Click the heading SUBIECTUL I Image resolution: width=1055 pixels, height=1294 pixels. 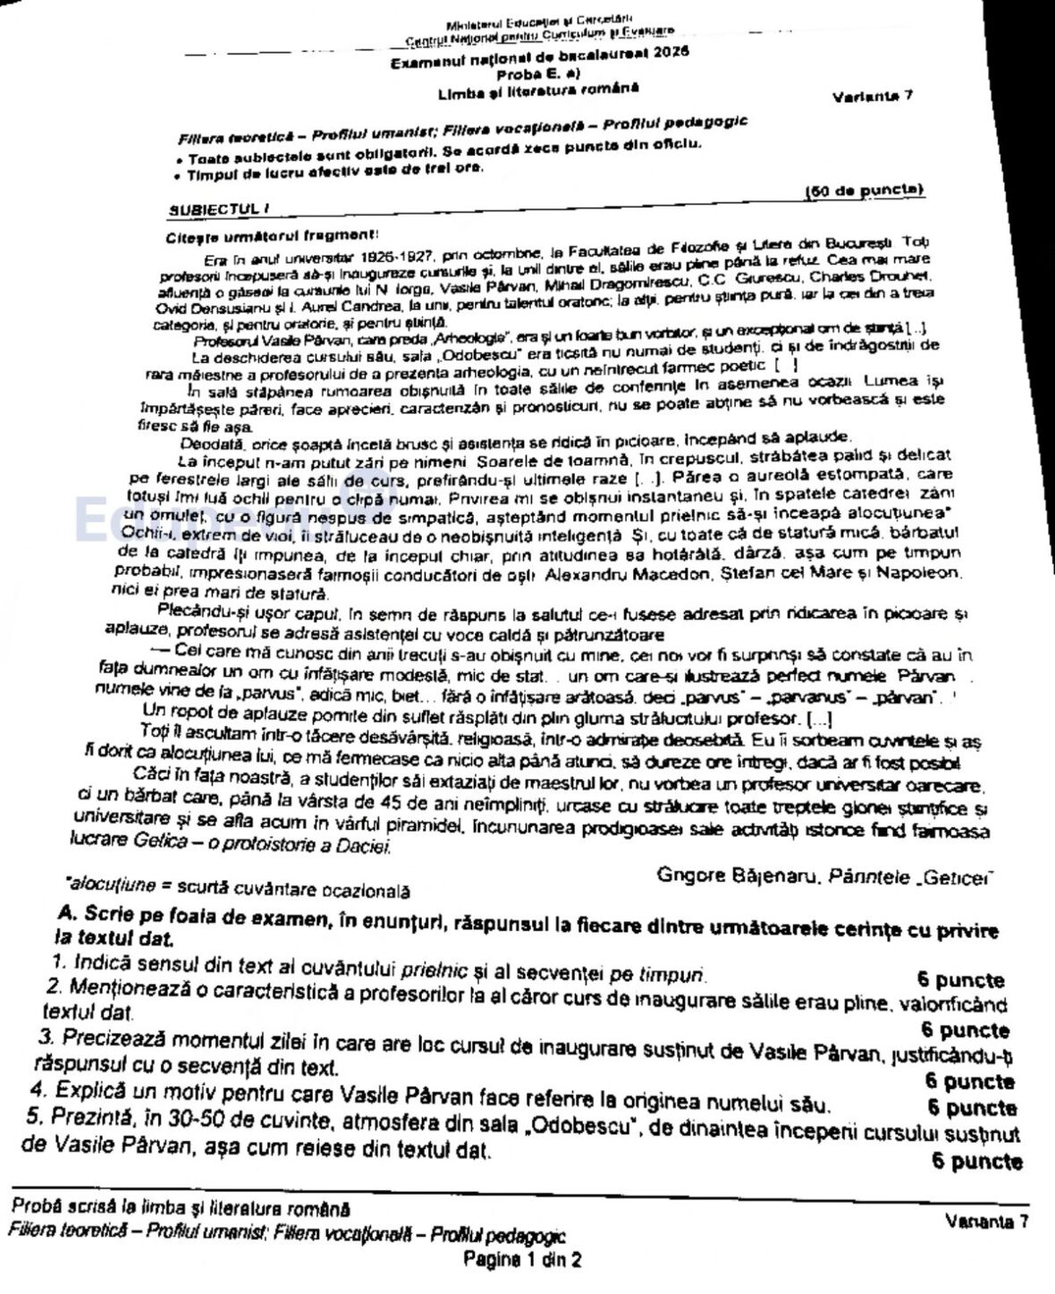pos(219,208)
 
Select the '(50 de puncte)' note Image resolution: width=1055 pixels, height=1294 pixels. pos(864,190)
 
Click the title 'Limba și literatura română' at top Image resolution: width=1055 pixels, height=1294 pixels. pos(538,89)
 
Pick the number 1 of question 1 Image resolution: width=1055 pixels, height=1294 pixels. pos(58,964)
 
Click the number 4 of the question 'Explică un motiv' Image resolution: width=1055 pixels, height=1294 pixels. pos(38,1089)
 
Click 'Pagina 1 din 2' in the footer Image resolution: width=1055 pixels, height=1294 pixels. pos(522,1261)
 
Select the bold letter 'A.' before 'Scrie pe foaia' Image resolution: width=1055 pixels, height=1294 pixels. pos(66,914)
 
